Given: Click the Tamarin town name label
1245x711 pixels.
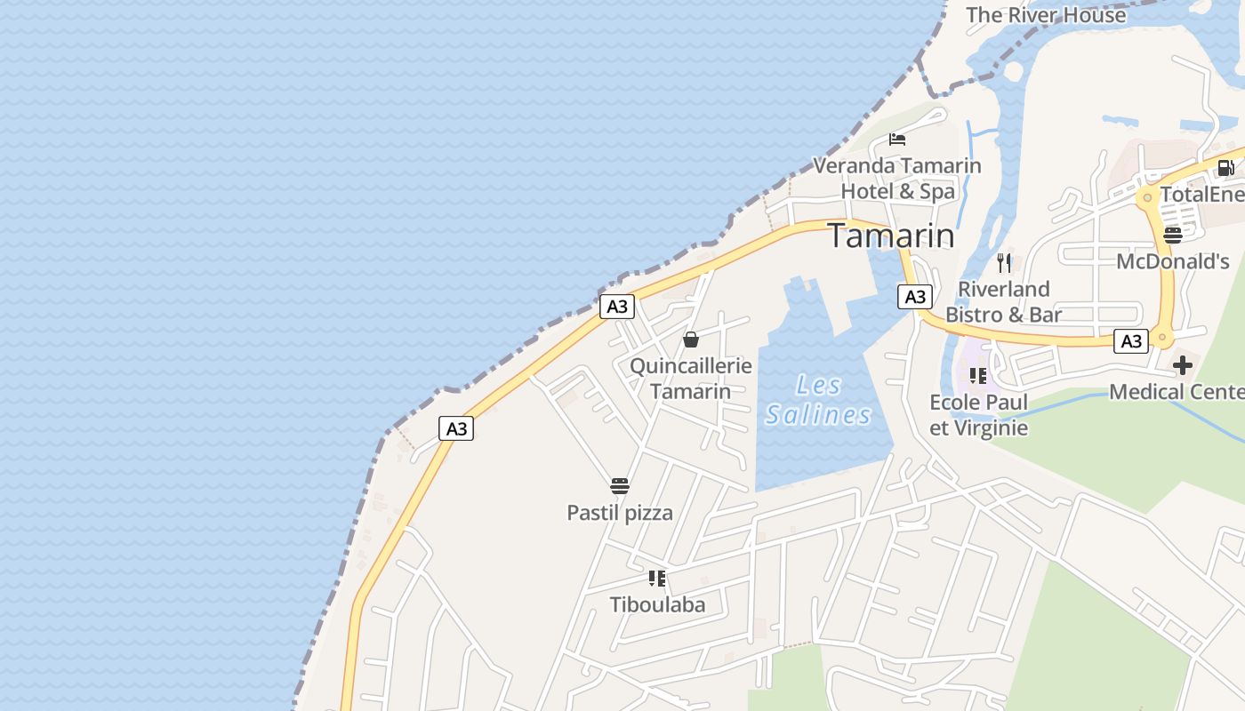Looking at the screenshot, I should pyautogui.click(x=891, y=236).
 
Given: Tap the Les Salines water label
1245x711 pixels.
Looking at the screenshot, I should pyautogui.click(x=818, y=400).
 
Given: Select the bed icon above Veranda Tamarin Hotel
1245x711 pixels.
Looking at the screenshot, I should pyautogui.click(x=897, y=140).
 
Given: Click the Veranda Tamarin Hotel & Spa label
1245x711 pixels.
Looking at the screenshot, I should pyautogui.click(x=897, y=179).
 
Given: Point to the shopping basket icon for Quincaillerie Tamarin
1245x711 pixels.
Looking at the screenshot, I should pyautogui.click(x=691, y=340).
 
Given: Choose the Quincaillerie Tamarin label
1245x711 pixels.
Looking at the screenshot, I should pyautogui.click(x=691, y=379).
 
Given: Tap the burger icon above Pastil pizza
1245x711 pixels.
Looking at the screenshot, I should pyautogui.click(x=620, y=486).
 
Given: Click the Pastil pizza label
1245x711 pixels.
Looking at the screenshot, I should pyautogui.click(x=620, y=513).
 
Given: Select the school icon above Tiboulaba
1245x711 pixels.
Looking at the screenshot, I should pyautogui.click(x=657, y=579).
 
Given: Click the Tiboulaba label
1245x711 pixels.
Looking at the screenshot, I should pyautogui.click(x=657, y=605).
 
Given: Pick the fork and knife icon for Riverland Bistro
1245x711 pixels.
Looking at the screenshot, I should pyautogui.click(x=1004, y=262).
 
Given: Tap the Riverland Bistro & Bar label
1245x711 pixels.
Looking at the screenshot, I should pyautogui.click(x=1004, y=302).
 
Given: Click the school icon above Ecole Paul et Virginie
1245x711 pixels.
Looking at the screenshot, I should pyautogui.click(x=978, y=376).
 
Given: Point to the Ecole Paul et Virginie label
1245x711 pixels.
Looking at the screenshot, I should pyautogui.click(x=978, y=415).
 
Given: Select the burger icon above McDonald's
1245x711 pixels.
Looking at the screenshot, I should pyautogui.click(x=1172, y=236).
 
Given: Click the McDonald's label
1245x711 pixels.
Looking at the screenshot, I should pyautogui.click(x=1172, y=261).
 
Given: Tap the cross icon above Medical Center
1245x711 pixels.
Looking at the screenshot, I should pyautogui.click(x=1183, y=365).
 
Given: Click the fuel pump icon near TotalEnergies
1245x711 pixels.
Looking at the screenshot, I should pyautogui.click(x=1225, y=167).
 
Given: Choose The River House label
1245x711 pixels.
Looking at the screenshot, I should pyautogui.click(x=1046, y=15).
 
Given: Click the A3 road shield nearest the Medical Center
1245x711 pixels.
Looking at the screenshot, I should pyautogui.click(x=1130, y=340).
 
